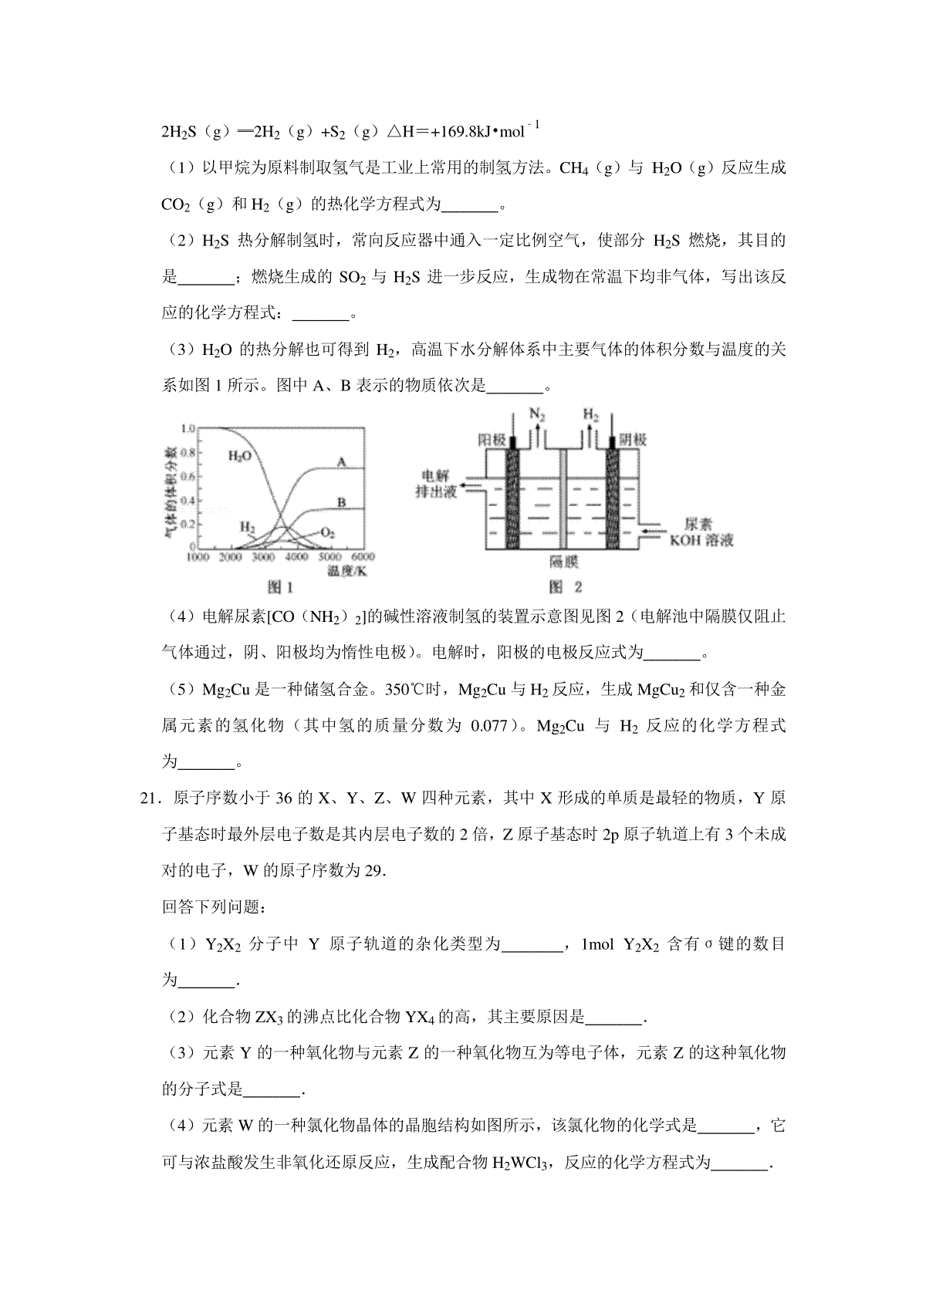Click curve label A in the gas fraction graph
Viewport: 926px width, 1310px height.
340,461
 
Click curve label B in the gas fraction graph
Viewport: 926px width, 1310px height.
341,501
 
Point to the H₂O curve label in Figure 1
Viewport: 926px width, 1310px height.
239,456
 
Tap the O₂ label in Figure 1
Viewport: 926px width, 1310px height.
327,532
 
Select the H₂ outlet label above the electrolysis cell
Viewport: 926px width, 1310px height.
590,415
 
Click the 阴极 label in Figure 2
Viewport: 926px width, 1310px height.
632,440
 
